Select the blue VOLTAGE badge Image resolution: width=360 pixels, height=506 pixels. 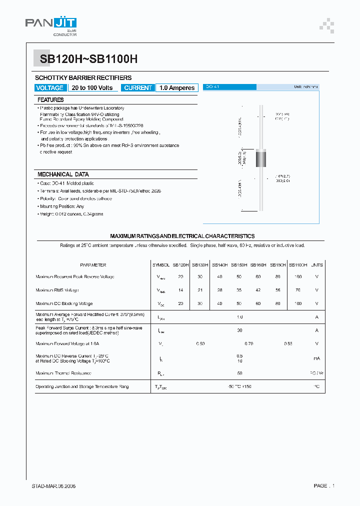pos(49,88)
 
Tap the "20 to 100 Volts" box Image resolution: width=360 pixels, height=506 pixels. pos(92,88)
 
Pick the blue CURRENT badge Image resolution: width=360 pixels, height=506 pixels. pos(137,88)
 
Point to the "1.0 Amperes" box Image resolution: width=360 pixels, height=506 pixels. pos(177,88)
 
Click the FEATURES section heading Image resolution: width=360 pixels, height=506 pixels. pos(50,100)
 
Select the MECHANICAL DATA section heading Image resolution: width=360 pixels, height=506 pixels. pos(63,174)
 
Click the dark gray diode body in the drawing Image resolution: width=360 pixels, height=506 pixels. pos(261,158)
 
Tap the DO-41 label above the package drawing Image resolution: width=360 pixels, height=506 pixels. pos(213,87)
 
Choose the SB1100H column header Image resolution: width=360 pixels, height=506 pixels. pos(298,265)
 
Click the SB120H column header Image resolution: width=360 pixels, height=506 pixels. pos(181,265)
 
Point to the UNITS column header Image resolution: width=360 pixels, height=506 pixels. pos(317,265)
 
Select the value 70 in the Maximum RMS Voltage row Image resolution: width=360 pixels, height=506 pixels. pos(298,290)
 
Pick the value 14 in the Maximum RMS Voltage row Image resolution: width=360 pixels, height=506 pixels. pos(181,290)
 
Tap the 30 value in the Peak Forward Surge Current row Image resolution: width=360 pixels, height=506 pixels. pos(240,330)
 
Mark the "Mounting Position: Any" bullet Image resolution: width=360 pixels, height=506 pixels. pos(62,206)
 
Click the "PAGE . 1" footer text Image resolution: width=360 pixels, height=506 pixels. pos(324,486)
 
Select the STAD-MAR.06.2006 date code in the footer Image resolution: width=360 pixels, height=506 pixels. pos(53,486)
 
